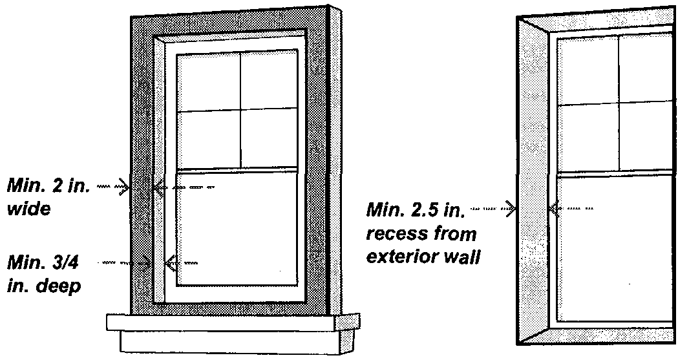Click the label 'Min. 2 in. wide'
(48, 197)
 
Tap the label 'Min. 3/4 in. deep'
(46, 275)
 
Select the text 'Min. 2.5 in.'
(416, 209)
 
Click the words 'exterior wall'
(422, 257)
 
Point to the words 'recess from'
(421, 233)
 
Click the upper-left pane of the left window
(208, 82)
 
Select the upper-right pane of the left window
(269, 79)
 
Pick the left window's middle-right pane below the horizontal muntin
(269, 138)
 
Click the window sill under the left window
(233, 323)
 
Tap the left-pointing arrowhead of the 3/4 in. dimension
(171, 263)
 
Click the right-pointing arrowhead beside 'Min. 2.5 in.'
(511, 208)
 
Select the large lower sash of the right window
(614, 248)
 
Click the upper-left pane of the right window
(588, 70)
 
